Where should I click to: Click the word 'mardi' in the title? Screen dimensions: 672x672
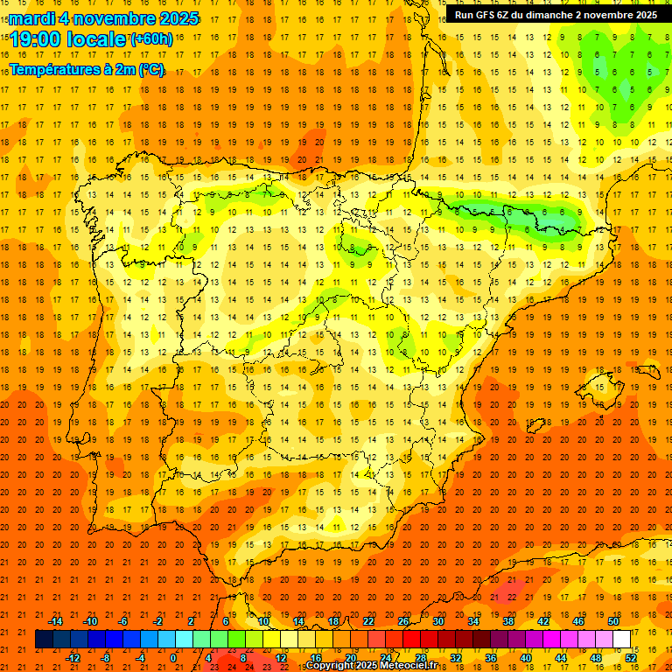coord(32,18)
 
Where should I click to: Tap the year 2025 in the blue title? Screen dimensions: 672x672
coord(173,18)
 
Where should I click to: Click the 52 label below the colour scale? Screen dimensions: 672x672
coord(631,658)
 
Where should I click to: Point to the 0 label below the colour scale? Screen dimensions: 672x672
coord(174,658)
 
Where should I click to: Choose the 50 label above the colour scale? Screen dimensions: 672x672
coord(613,621)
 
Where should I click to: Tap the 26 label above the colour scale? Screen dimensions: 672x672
coord(403,621)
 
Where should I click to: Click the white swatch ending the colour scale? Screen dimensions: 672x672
coord(622,640)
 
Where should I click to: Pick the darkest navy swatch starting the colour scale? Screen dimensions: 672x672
coord(44,640)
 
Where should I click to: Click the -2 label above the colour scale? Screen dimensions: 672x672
coord(157,621)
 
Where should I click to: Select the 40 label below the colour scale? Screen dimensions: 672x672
coord(526,658)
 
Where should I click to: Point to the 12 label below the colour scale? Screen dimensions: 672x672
coord(281,658)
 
